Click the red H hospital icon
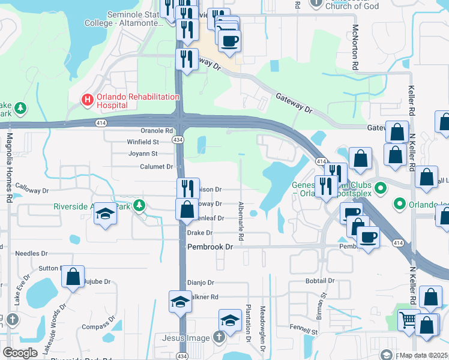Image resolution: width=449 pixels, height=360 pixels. (x=87, y=99)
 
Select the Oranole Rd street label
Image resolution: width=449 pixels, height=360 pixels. (x=157, y=130)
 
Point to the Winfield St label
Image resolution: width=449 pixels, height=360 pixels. (x=142, y=142)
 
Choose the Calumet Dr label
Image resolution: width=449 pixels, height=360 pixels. (x=156, y=166)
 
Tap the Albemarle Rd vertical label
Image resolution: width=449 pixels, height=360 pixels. (x=241, y=212)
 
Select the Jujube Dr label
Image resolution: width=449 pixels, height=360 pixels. (x=98, y=281)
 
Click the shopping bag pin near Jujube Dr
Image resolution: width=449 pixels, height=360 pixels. (x=73, y=277)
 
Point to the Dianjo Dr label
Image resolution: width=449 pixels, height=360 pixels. (x=200, y=282)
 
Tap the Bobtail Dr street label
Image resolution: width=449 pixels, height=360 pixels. (x=319, y=280)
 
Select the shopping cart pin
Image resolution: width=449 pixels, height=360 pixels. (x=408, y=320)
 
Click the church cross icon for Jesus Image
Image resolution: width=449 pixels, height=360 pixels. (x=219, y=337)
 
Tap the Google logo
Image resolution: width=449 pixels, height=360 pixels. (x=20, y=353)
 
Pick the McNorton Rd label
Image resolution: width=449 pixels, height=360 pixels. (x=355, y=48)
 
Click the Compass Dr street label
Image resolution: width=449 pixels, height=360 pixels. (x=95, y=326)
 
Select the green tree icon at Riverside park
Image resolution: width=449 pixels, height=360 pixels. (x=139, y=206)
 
